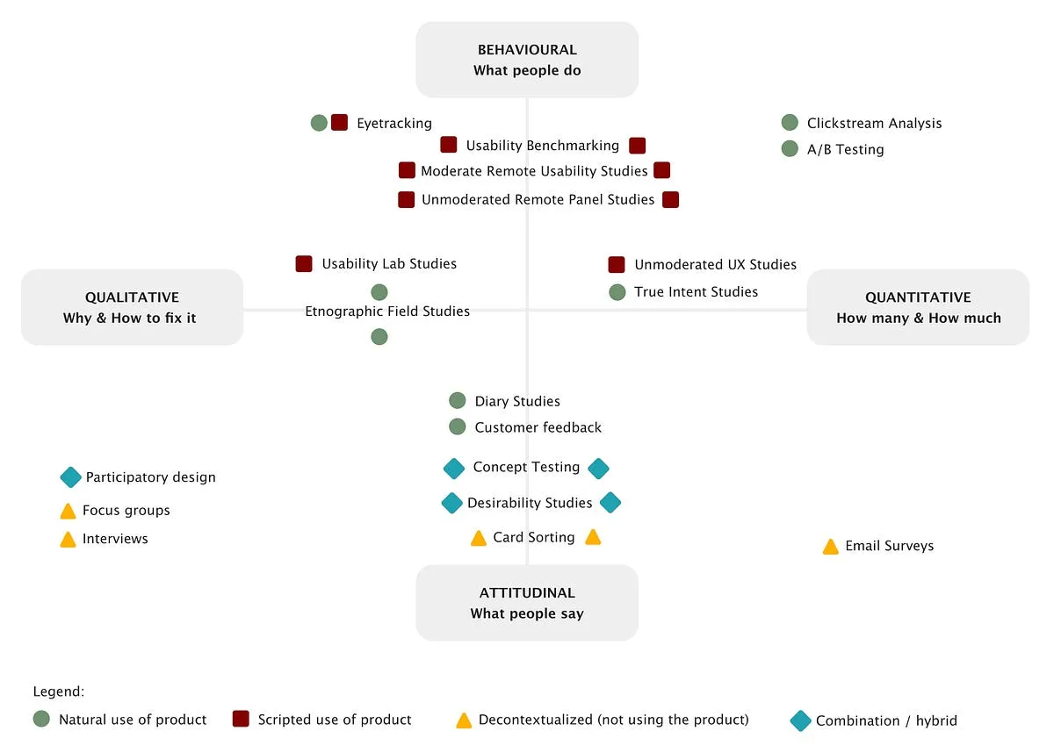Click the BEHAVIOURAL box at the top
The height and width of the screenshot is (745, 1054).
coord(527,60)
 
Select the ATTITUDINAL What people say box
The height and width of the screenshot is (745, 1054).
coord(527,603)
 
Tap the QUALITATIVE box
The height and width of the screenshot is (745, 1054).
coord(132,307)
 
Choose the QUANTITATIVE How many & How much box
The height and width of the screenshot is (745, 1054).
coord(918,307)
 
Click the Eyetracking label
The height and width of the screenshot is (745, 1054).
coord(393,124)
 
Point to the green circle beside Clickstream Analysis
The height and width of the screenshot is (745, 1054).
coord(790,123)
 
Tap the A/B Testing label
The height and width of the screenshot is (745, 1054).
coord(845,149)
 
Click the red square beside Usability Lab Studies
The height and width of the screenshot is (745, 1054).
coord(304,263)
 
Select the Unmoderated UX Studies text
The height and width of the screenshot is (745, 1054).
coord(715,264)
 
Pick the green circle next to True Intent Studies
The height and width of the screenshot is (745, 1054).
coord(617,292)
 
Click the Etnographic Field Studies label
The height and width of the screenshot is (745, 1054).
coord(387,312)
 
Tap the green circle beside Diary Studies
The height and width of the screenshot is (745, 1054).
coord(457,401)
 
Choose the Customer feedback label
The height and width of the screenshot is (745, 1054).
coord(538,427)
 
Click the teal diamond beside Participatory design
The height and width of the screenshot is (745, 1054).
coord(70,477)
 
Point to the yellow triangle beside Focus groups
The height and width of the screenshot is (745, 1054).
coord(68,511)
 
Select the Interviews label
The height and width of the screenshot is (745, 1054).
coord(115,539)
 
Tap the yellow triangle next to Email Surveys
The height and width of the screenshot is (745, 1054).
coord(830,547)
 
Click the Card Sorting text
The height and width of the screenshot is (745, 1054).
coord(533,537)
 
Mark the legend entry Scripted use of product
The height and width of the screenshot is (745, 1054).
coord(334,720)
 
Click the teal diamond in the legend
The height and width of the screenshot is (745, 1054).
coord(800,720)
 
